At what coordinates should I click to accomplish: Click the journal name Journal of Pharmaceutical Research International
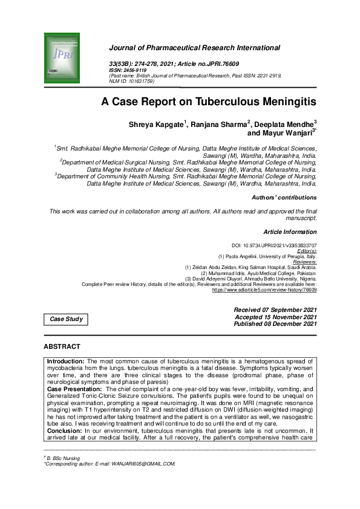[x=194, y=47]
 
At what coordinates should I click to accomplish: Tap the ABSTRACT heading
[x=62, y=346]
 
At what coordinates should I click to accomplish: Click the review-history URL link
[x=264, y=290]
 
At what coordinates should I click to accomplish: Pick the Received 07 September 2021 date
[x=275, y=310]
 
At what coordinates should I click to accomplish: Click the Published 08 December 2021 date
[x=275, y=325]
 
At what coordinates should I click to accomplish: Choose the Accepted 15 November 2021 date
[x=275, y=317]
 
